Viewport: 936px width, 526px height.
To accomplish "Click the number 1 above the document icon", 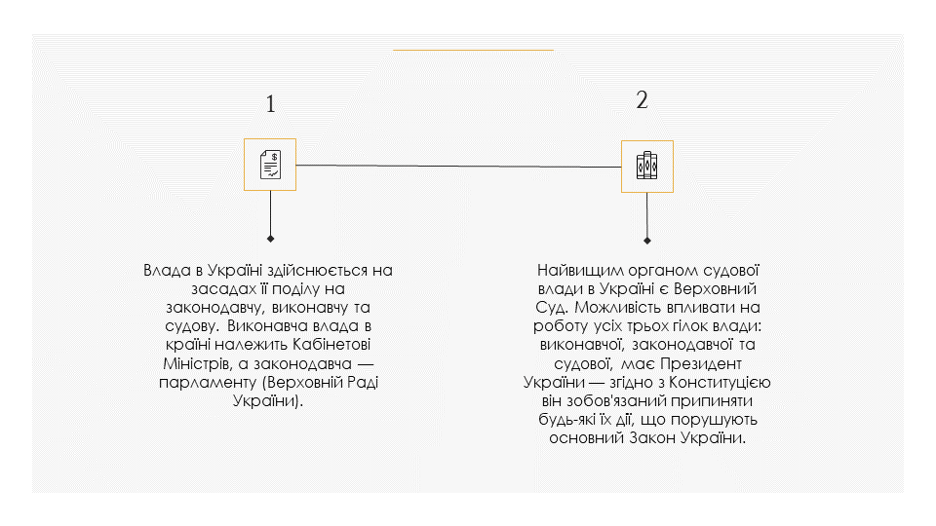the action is click(270, 104).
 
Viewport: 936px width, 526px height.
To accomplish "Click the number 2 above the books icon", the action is click(642, 99).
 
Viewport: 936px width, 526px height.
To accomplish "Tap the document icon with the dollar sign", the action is click(270, 165).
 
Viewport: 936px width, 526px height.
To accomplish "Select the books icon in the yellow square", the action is click(647, 167).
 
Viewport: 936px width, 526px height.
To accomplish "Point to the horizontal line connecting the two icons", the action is click(458, 166).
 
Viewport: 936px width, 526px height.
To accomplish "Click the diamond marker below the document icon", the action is click(270, 239).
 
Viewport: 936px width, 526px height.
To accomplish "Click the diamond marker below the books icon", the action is click(647, 241).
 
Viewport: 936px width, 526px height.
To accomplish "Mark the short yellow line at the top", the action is click(474, 50).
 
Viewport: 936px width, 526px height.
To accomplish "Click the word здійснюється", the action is click(317, 271).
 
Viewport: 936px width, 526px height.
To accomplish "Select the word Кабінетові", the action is click(331, 345).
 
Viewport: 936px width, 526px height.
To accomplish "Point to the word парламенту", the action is click(207, 382).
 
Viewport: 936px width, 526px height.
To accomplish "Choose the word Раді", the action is click(360, 382).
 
